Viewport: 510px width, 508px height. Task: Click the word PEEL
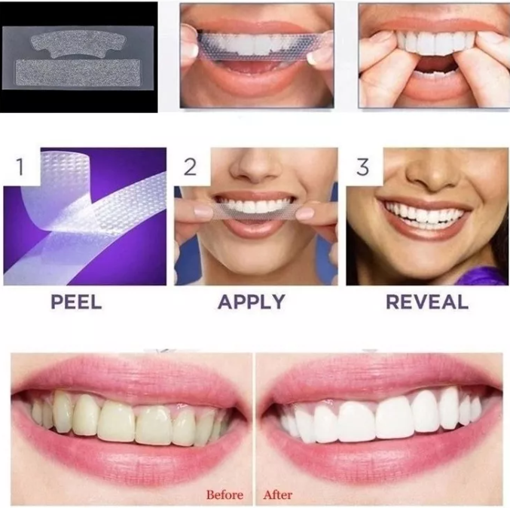[x=76, y=301]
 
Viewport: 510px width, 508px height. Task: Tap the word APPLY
[x=252, y=301]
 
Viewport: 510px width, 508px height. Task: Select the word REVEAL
[x=427, y=301]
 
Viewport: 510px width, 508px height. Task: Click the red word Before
[x=224, y=495]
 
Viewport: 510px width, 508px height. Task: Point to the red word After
[x=278, y=495]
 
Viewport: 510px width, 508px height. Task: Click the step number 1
[x=20, y=167]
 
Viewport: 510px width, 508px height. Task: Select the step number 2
[x=190, y=167]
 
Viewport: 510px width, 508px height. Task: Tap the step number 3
[x=362, y=167]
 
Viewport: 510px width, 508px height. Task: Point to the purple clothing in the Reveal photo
[x=481, y=277]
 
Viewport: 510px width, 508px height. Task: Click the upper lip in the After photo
[x=380, y=381]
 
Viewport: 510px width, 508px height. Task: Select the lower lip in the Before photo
[x=130, y=455]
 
